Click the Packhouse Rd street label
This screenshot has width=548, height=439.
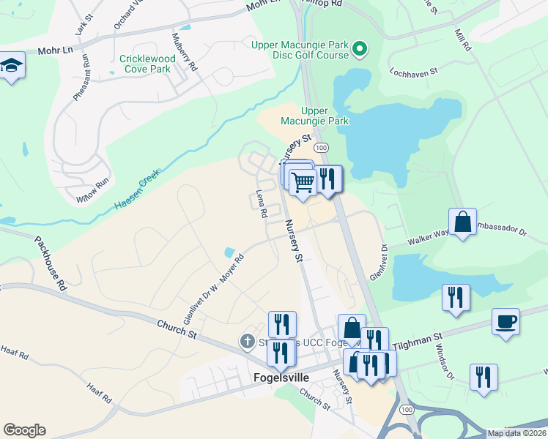(x=50, y=263)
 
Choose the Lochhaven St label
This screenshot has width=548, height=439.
(x=413, y=72)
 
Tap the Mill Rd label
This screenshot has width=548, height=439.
(x=462, y=40)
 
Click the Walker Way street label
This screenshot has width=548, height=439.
(x=429, y=239)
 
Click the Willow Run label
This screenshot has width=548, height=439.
(x=92, y=191)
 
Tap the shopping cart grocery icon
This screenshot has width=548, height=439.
(x=302, y=181)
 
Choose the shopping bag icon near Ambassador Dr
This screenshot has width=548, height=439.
(x=463, y=221)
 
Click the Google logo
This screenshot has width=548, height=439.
(x=24, y=430)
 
